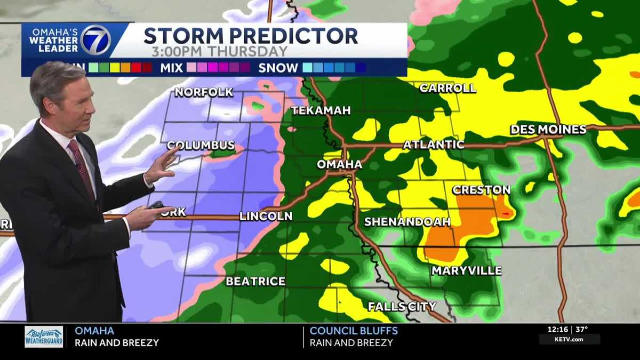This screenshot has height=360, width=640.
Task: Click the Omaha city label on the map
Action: tap(339, 165)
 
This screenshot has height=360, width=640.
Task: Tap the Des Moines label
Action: tap(548, 130)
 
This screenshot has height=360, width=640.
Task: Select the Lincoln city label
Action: tap(266, 216)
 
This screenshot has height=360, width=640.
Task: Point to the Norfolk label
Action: tap(204, 92)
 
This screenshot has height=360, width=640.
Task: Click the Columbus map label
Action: tap(201, 145)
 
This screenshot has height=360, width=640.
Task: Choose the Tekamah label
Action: tap(321, 110)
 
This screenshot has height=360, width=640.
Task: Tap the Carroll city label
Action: tap(447, 88)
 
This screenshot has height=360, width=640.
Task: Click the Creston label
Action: tap(481, 190)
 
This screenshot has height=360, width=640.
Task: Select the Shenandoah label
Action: tap(406, 221)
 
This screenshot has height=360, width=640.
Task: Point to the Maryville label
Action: tap(466, 270)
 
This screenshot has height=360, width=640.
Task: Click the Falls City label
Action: tap(402, 306)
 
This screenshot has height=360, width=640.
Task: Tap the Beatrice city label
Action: tap(255, 281)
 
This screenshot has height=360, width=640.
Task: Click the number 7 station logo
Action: tap(95, 40)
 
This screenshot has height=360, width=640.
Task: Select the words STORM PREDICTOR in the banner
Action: tap(250, 36)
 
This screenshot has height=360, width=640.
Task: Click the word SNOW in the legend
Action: tap(278, 68)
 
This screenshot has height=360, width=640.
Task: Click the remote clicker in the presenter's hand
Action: tap(156, 205)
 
